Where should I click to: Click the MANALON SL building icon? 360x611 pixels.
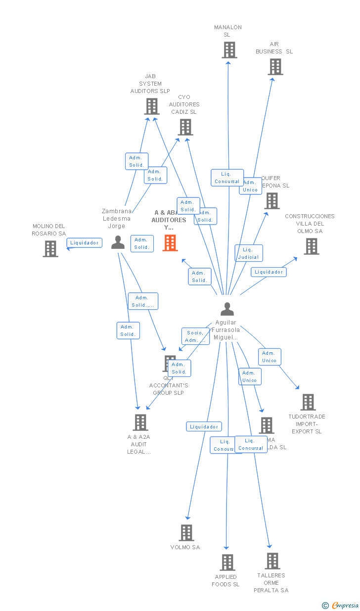click(x=229, y=50)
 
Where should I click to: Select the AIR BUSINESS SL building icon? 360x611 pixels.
click(x=275, y=67)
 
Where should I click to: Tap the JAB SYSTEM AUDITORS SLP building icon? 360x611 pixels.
click(x=151, y=106)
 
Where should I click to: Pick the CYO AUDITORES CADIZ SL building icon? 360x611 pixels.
click(x=185, y=127)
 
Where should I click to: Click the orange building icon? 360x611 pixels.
click(x=170, y=243)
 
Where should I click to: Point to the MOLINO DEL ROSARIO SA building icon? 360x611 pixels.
click(x=50, y=249)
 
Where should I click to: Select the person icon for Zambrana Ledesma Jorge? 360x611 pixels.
click(x=118, y=242)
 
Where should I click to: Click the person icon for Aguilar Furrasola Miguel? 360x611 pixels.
click(x=227, y=309)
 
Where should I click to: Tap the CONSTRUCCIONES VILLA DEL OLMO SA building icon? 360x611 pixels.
click(x=311, y=246)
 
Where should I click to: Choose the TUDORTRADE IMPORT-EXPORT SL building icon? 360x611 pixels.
click(x=308, y=402)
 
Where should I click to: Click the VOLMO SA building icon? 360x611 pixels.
click(x=186, y=533)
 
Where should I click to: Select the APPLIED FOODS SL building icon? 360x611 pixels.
click(x=227, y=563)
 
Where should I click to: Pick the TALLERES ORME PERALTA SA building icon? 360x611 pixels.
click(x=272, y=561)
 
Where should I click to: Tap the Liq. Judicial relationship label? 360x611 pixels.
click(x=248, y=253)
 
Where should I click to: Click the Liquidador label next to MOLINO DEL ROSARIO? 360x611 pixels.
click(x=85, y=243)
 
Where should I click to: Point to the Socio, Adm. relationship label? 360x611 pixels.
click(x=195, y=336)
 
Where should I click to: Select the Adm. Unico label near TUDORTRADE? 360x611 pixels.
click(x=269, y=357)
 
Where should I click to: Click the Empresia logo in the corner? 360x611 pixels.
click(x=341, y=605)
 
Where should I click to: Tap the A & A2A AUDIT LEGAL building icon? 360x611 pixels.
click(x=140, y=423)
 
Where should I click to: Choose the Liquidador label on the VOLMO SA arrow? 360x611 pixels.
click(x=204, y=426)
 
